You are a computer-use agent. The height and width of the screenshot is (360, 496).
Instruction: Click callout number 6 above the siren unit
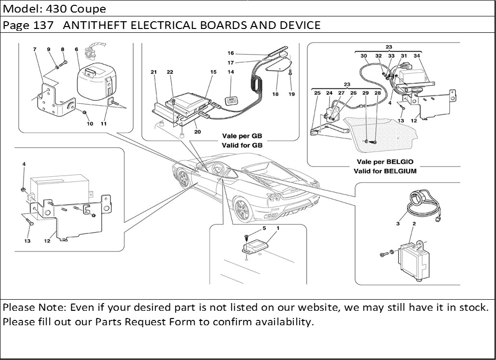click(76, 49)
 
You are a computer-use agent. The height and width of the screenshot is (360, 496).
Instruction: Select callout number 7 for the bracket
click(35, 49)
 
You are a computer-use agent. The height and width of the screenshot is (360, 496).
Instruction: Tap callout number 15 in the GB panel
click(213, 72)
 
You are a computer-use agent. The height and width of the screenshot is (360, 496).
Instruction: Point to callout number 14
click(231, 72)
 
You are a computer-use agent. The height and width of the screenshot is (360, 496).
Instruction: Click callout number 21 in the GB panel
click(153, 72)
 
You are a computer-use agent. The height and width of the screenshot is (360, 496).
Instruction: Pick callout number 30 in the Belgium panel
click(364, 56)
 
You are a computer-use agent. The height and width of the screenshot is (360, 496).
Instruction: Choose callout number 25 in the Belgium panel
click(317, 93)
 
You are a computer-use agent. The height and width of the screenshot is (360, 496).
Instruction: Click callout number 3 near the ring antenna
click(398, 223)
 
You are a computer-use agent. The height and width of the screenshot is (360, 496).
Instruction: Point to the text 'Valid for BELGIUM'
click(385, 171)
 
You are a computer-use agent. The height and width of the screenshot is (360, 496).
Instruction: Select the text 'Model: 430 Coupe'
click(55, 9)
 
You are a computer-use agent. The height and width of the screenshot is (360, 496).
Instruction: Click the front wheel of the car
click(184, 179)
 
